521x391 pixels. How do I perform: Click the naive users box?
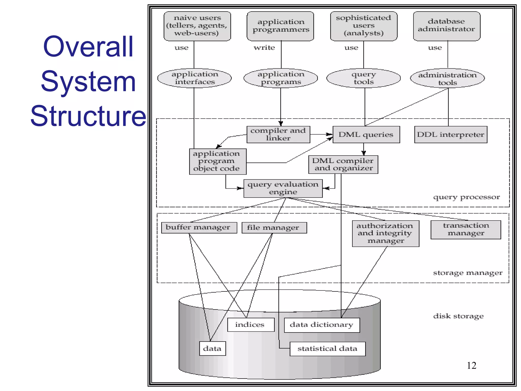coord(197,26)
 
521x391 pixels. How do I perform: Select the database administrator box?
coord(446,26)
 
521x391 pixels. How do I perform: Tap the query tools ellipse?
coord(363,78)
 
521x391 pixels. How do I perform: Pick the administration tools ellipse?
coord(447,78)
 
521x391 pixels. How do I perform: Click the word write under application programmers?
coord(264,48)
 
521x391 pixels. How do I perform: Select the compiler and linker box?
coord(278,134)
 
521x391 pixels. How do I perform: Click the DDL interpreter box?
coord(451,134)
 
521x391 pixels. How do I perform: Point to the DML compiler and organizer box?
coord(343,164)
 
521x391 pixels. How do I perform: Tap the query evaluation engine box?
coord(283,188)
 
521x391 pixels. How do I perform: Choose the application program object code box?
coord(218,161)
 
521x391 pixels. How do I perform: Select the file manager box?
coord(274,228)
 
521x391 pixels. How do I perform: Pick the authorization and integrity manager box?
coord(385,233)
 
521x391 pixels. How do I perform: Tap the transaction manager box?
coord(466,230)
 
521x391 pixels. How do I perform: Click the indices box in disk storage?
coord(251,325)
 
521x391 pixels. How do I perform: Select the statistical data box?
coord(327,348)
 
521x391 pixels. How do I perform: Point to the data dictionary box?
coord(322,325)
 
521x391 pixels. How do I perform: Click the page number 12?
coord(471,366)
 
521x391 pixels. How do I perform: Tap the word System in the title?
coord(88,81)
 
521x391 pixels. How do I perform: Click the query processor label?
coord(466,197)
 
